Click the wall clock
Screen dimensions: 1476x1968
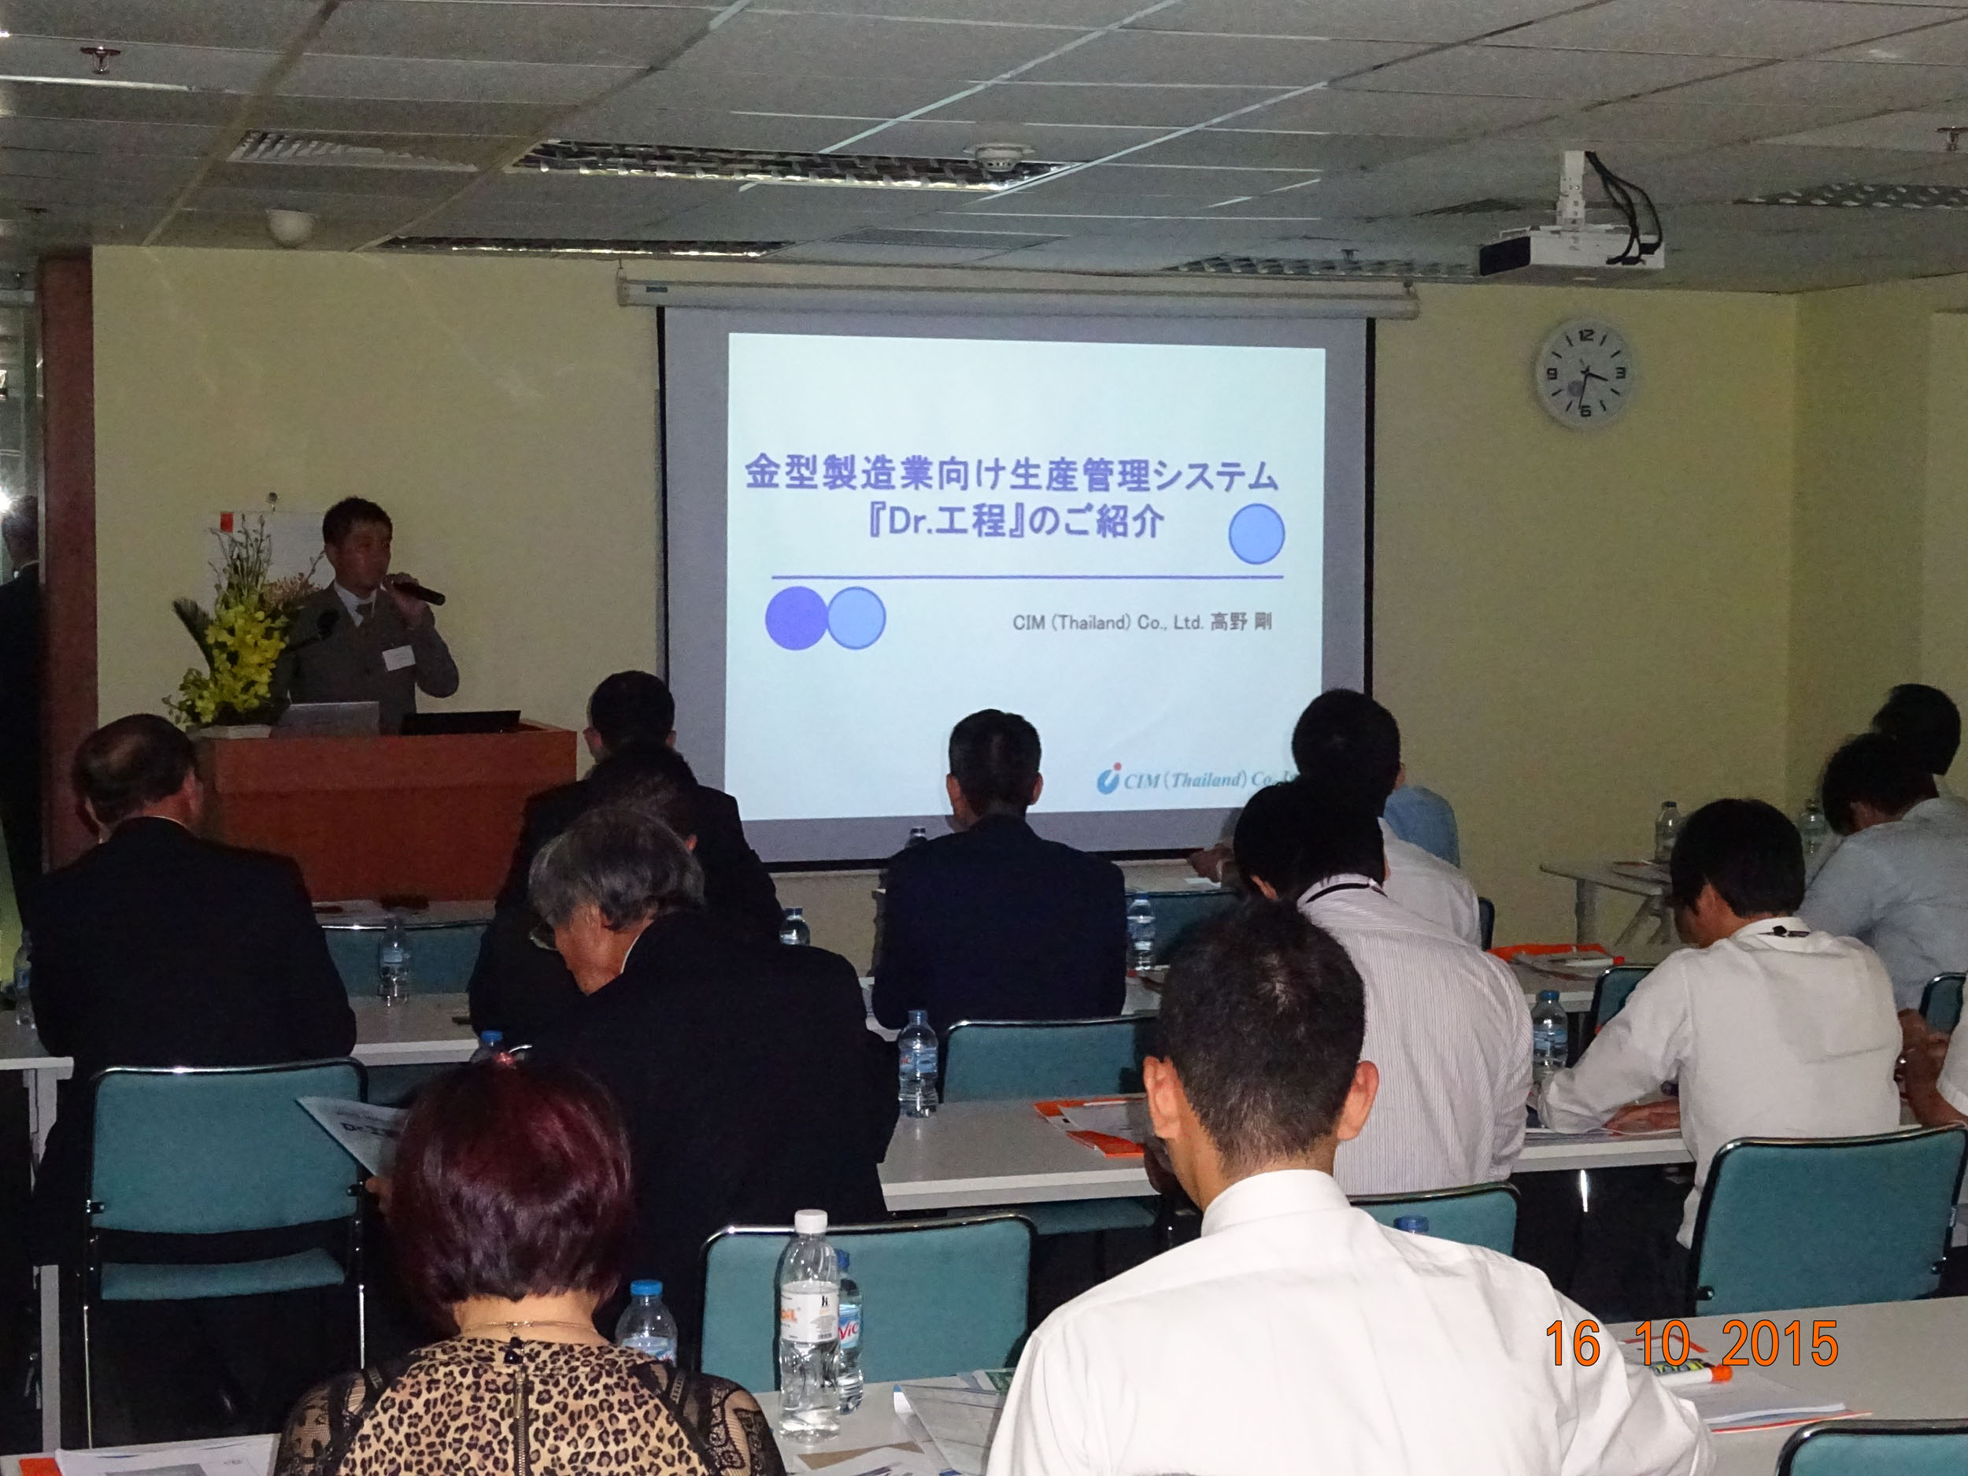tap(1585, 375)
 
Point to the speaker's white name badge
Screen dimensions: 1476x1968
tap(398, 657)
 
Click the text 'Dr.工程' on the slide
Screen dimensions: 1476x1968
tap(944, 520)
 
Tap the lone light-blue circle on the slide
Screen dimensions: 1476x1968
tap(1256, 534)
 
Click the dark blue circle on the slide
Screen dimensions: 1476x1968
tap(794, 617)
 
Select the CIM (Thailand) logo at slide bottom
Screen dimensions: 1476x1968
tap(1192, 780)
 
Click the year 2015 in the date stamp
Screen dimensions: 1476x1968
tap(1779, 1344)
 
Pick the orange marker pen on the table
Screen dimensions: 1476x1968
tap(1690, 1375)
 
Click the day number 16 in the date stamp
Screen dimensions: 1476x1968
tap(1573, 1344)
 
